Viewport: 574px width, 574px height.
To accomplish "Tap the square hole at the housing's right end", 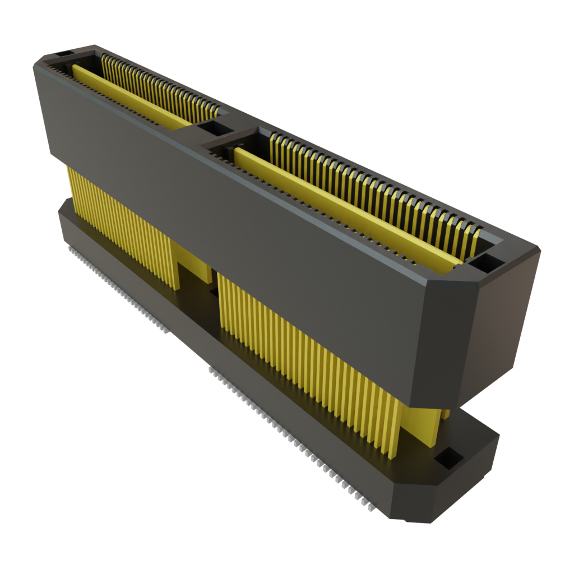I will [485, 262].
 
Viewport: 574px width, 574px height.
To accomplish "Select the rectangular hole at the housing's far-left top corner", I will [63, 54].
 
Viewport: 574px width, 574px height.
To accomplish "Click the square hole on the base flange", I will [449, 458].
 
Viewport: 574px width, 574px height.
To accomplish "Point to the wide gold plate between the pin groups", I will [193, 263].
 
